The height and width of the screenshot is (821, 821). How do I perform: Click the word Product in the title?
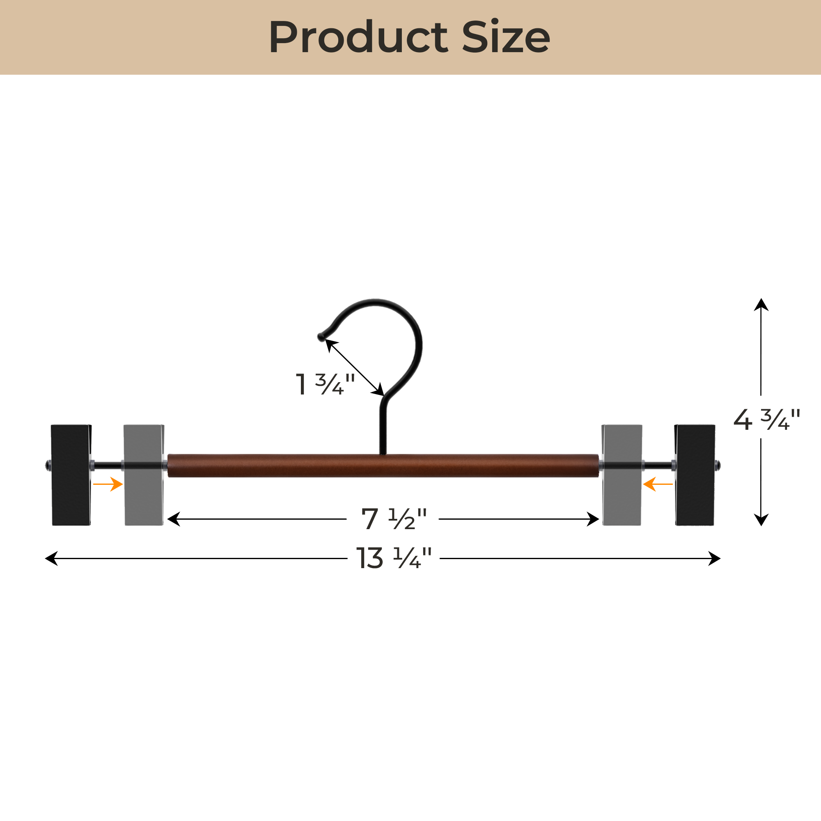pos(358,37)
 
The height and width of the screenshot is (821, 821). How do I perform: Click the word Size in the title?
pos(506,37)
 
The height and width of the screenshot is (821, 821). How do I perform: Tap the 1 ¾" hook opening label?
pos(325,384)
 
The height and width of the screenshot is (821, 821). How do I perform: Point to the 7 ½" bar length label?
pos(394,519)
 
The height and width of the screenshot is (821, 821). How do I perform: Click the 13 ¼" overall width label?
pos(394,558)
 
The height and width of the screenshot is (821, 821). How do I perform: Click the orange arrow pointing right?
pos(108,484)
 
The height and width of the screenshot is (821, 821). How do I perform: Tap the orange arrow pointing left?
pos(657,484)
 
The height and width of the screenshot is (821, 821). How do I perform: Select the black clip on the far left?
pos(71,475)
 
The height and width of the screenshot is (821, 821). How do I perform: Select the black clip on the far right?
pos(695,475)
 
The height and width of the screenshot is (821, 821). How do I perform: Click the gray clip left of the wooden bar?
pos(144,475)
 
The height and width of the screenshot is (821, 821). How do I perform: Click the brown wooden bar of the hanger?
pos(383,466)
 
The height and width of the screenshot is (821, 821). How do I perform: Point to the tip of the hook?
pos(321,337)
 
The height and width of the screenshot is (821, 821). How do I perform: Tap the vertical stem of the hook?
pos(383,429)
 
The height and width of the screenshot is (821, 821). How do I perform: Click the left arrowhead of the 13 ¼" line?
pos(51,558)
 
